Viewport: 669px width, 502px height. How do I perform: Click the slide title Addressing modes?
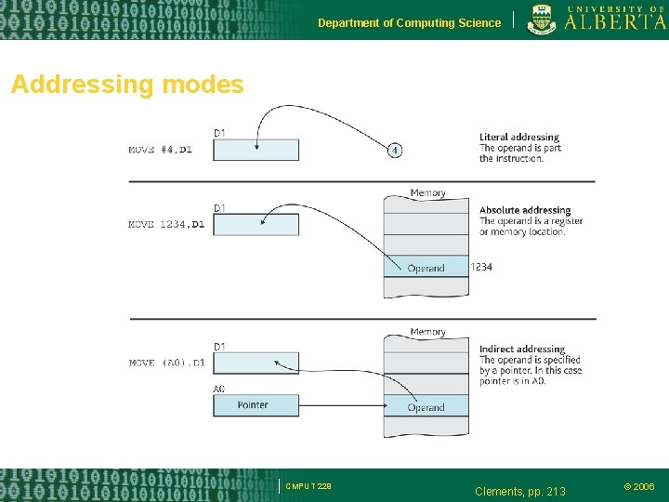tap(127, 86)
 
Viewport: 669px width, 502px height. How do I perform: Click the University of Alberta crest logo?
tap(543, 19)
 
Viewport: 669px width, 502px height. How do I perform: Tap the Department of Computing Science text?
tap(409, 23)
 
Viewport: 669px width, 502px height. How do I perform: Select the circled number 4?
tap(395, 150)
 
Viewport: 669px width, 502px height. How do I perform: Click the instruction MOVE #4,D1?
tap(160, 150)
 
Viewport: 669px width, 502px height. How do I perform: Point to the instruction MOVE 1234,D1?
tap(166, 224)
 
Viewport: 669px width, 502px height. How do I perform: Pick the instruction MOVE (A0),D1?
tap(166, 363)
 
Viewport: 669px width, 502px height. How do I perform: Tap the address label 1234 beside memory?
tap(481, 267)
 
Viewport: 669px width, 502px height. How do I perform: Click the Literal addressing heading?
tap(519, 138)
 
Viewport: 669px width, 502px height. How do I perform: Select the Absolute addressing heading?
tap(525, 210)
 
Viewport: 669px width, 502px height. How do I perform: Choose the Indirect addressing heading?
tap(522, 350)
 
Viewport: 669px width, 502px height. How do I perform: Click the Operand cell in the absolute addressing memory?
tap(426, 268)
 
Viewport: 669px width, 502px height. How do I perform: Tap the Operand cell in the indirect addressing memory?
tap(426, 407)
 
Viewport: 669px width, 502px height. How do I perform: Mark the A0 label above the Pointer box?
tap(219, 389)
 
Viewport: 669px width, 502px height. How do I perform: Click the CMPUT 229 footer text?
tap(308, 485)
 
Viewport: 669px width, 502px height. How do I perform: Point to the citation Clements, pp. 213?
tap(519, 491)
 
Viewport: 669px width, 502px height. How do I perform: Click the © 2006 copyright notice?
tap(638, 486)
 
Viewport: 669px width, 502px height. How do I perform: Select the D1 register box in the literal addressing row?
tap(256, 150)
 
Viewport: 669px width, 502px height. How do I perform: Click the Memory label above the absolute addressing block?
tap(427, 193)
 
